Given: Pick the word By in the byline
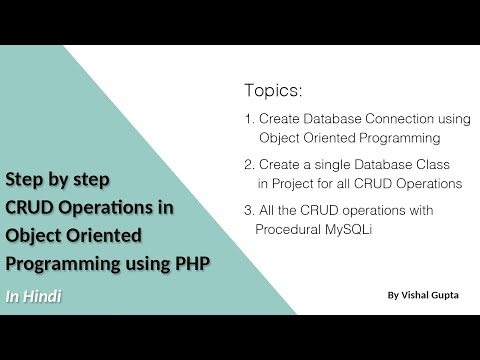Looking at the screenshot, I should pyautogui.click(x=391, y=296).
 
